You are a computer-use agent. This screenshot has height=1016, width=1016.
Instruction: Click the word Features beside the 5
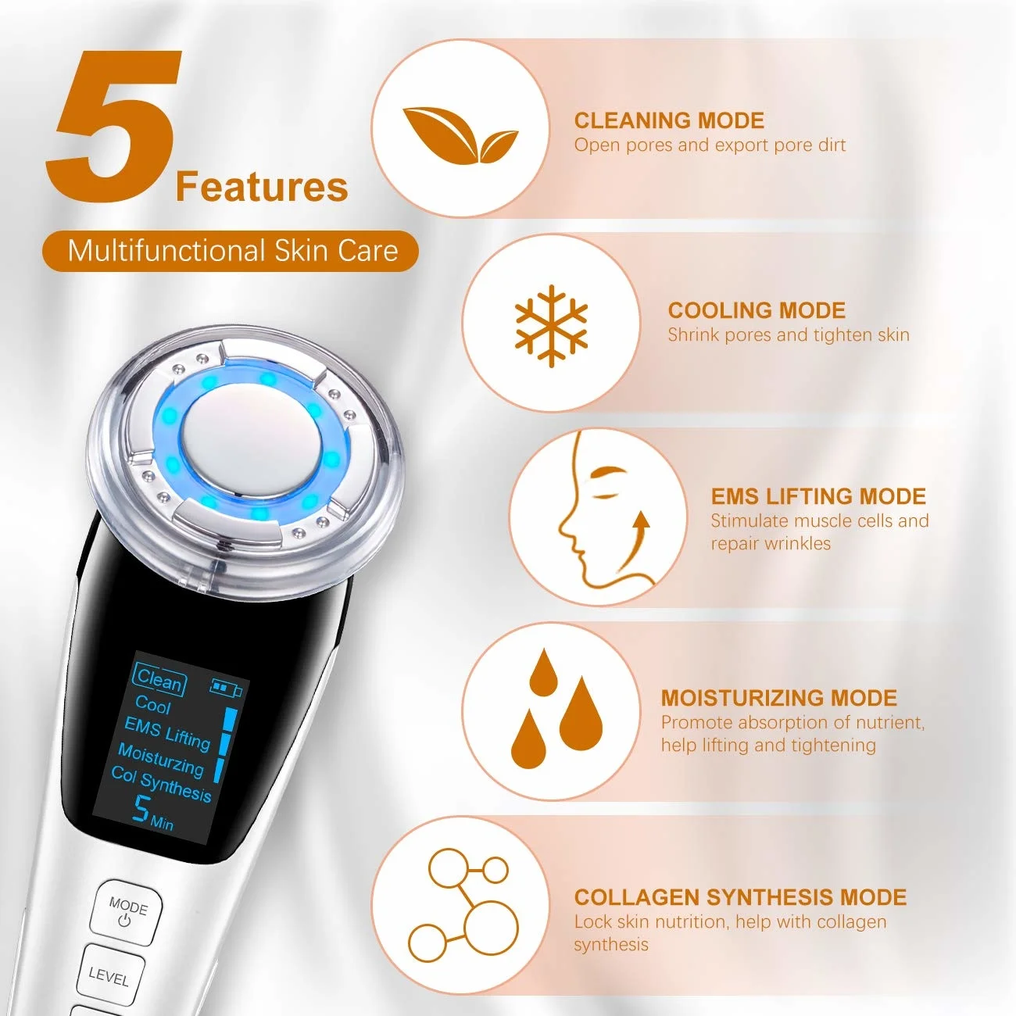tap(261, 188)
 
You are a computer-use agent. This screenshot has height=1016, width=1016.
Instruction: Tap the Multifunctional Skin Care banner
tap(231, 251)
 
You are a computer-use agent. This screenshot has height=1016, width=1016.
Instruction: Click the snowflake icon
tap(551, 324)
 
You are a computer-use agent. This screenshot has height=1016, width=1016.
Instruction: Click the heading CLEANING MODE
tap(669, 120)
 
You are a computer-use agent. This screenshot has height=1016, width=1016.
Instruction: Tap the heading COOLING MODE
tap(757, 310)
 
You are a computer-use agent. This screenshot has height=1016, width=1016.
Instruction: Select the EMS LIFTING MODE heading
tap(818, 496)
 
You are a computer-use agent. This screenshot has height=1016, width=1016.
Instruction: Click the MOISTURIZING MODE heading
tap(778, 698)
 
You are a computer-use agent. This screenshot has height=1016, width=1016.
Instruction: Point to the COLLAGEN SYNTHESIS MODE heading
tap(740, 897)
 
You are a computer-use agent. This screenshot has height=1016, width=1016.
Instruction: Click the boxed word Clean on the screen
tap(159, 680)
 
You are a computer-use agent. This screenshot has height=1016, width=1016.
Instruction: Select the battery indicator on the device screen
tap(226, 689)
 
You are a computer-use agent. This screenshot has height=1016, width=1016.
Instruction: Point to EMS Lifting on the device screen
tap(167, 732)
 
